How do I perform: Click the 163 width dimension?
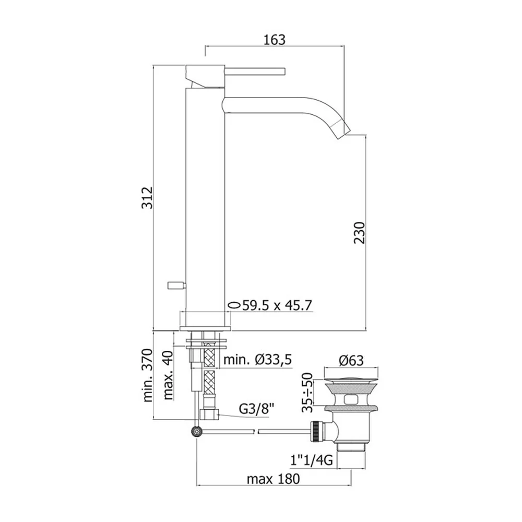coord(275,40)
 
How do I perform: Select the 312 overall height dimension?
coord(148,198)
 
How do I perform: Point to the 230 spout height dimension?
coord(360,233)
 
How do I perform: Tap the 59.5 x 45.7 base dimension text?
coord(277,305)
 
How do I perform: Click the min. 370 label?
coord(148,375)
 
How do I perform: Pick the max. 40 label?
coord(169,375)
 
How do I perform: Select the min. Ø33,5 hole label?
coord(258,360)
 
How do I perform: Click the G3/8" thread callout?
coord(257,409)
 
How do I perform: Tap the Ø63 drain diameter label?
coord(351,360)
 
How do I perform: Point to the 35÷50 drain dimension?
coord(307,393)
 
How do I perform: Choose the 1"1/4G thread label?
coord(311,460)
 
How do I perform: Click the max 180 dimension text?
coord(274,479)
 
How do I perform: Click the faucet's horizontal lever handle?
coord(256,72)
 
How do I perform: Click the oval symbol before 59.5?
coord(234,305)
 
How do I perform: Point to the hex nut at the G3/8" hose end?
coord(209,415)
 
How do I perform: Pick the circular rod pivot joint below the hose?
coord(197,432)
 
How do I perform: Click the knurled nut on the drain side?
coord(315,432)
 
